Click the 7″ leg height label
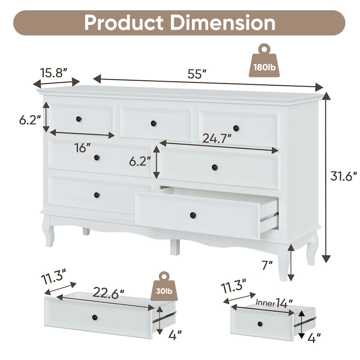[x=268, y=265]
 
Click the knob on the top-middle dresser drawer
[x=153, y=123]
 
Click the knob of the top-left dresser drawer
[x=78, y=119]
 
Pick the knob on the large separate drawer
[x=94, y=318]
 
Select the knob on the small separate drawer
[x=260, y=323]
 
